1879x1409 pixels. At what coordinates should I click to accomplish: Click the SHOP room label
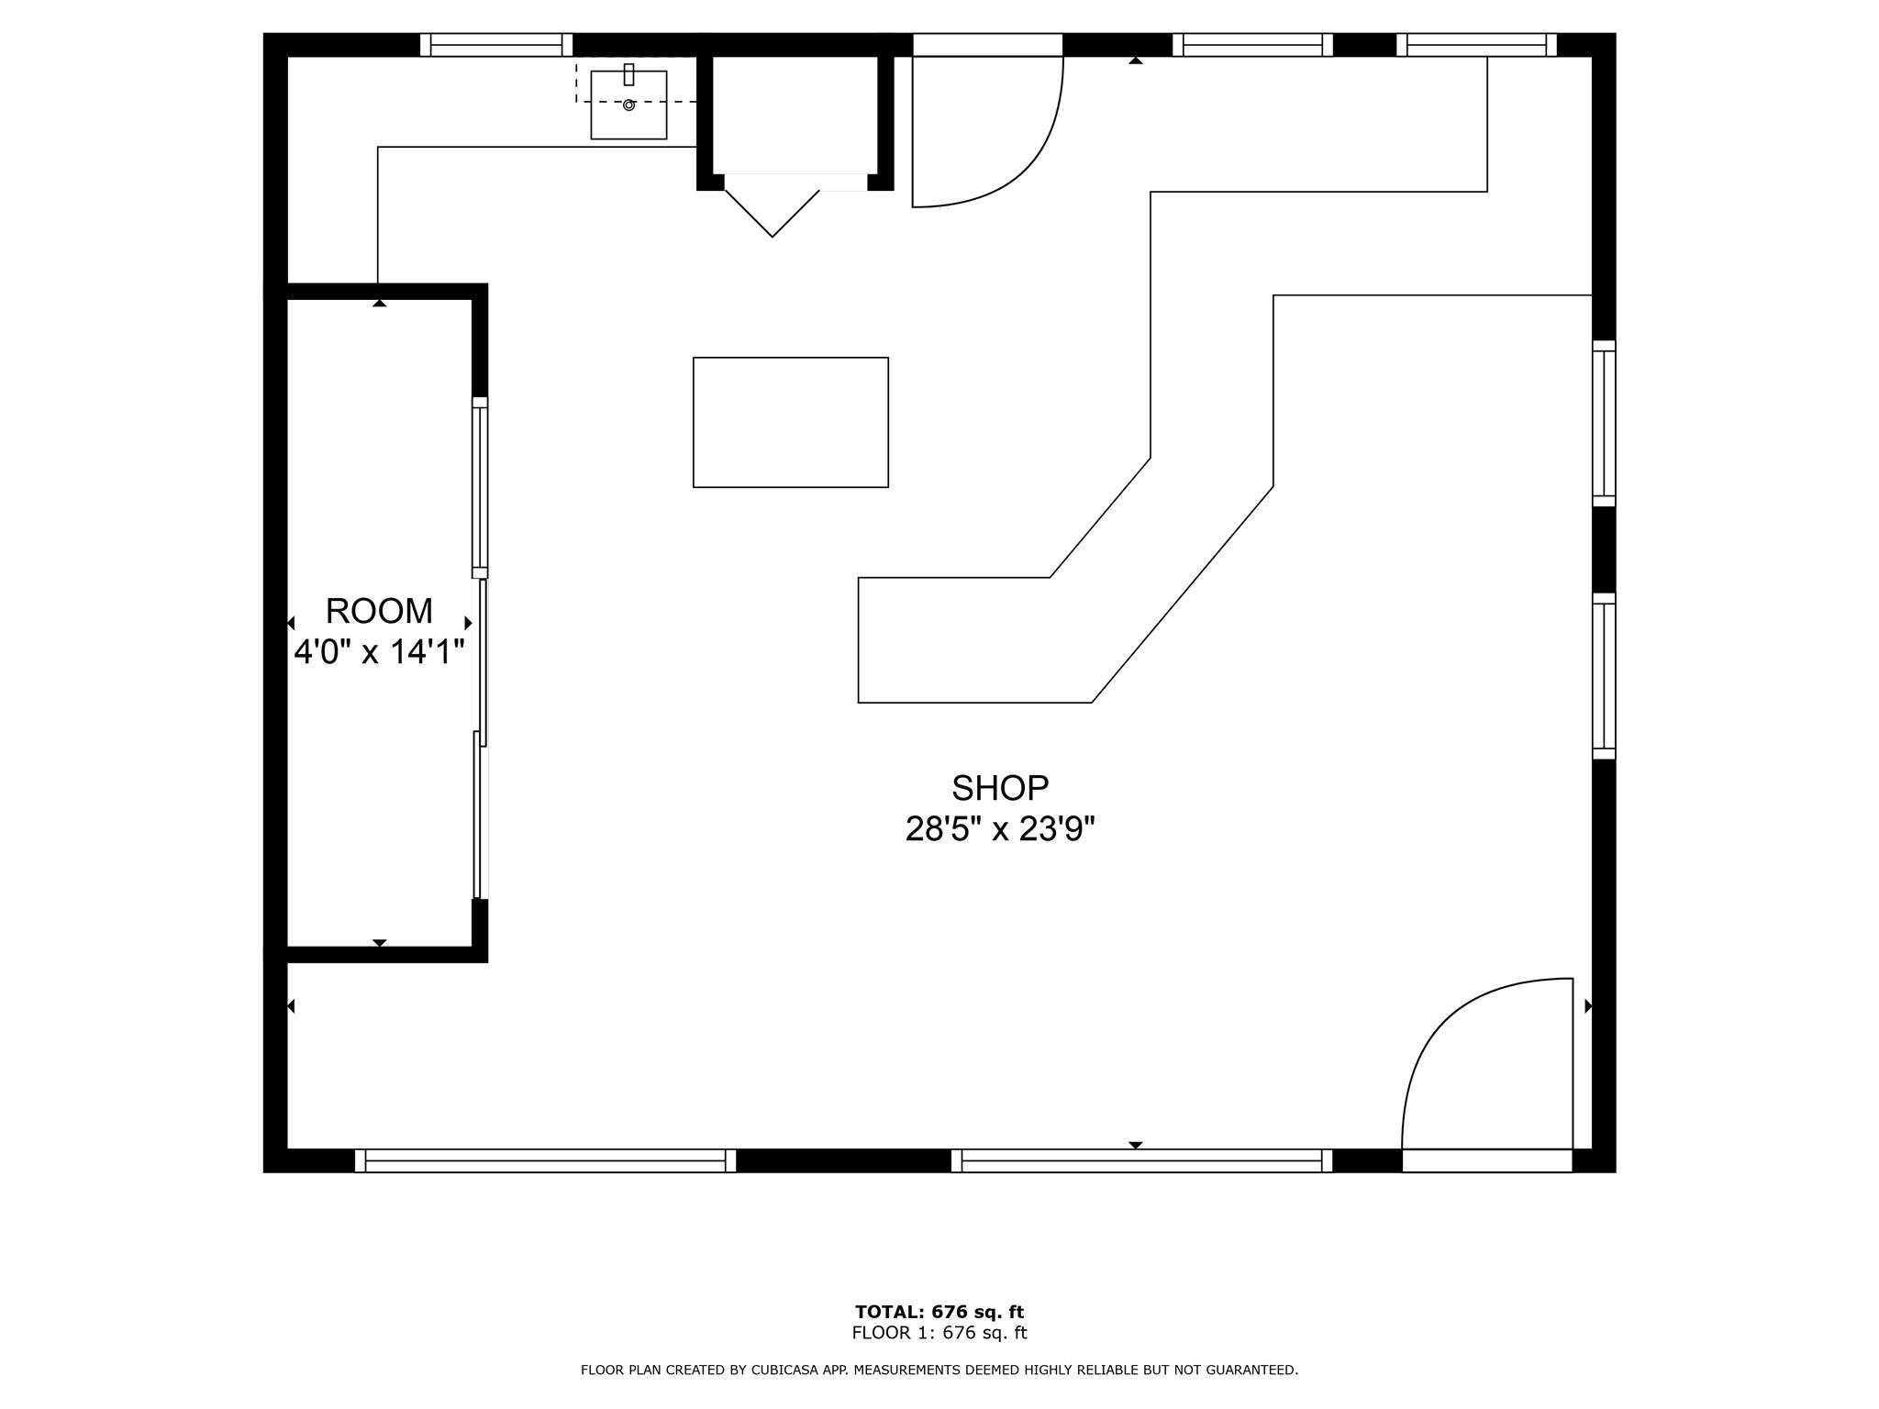(x=999, y=788)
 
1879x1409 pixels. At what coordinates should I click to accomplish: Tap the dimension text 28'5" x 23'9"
(x=999, y=829)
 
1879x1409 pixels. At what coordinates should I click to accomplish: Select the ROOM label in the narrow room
(x=378, y=611)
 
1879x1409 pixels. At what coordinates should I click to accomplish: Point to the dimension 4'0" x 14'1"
(x=378, y=652)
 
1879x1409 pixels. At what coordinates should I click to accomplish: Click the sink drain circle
(x=628, y=105)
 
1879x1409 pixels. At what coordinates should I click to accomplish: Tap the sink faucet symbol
(x=628, y=74)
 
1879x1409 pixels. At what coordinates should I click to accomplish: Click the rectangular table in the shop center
(x=790, y=422)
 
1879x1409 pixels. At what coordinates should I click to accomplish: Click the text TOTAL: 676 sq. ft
(x=939, y=1312)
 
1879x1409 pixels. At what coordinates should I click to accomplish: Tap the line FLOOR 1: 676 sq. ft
(x=939, y=1333)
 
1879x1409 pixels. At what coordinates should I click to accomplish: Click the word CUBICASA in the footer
(x=787, y=1370)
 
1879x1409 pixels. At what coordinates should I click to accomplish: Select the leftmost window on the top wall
(x=495, y=45)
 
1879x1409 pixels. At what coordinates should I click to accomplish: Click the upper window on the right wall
(x=1603, y=423)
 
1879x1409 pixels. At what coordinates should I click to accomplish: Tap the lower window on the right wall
(x=1603, y=675)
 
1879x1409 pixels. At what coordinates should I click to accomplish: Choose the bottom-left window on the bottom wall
(x=545, y=1160)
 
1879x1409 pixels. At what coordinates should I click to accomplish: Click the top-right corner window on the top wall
(x=1476, y=45)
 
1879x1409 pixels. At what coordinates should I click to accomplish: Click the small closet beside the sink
(x=795, y=115)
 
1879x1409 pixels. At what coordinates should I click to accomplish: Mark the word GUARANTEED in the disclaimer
(x=1251, y=1370)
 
